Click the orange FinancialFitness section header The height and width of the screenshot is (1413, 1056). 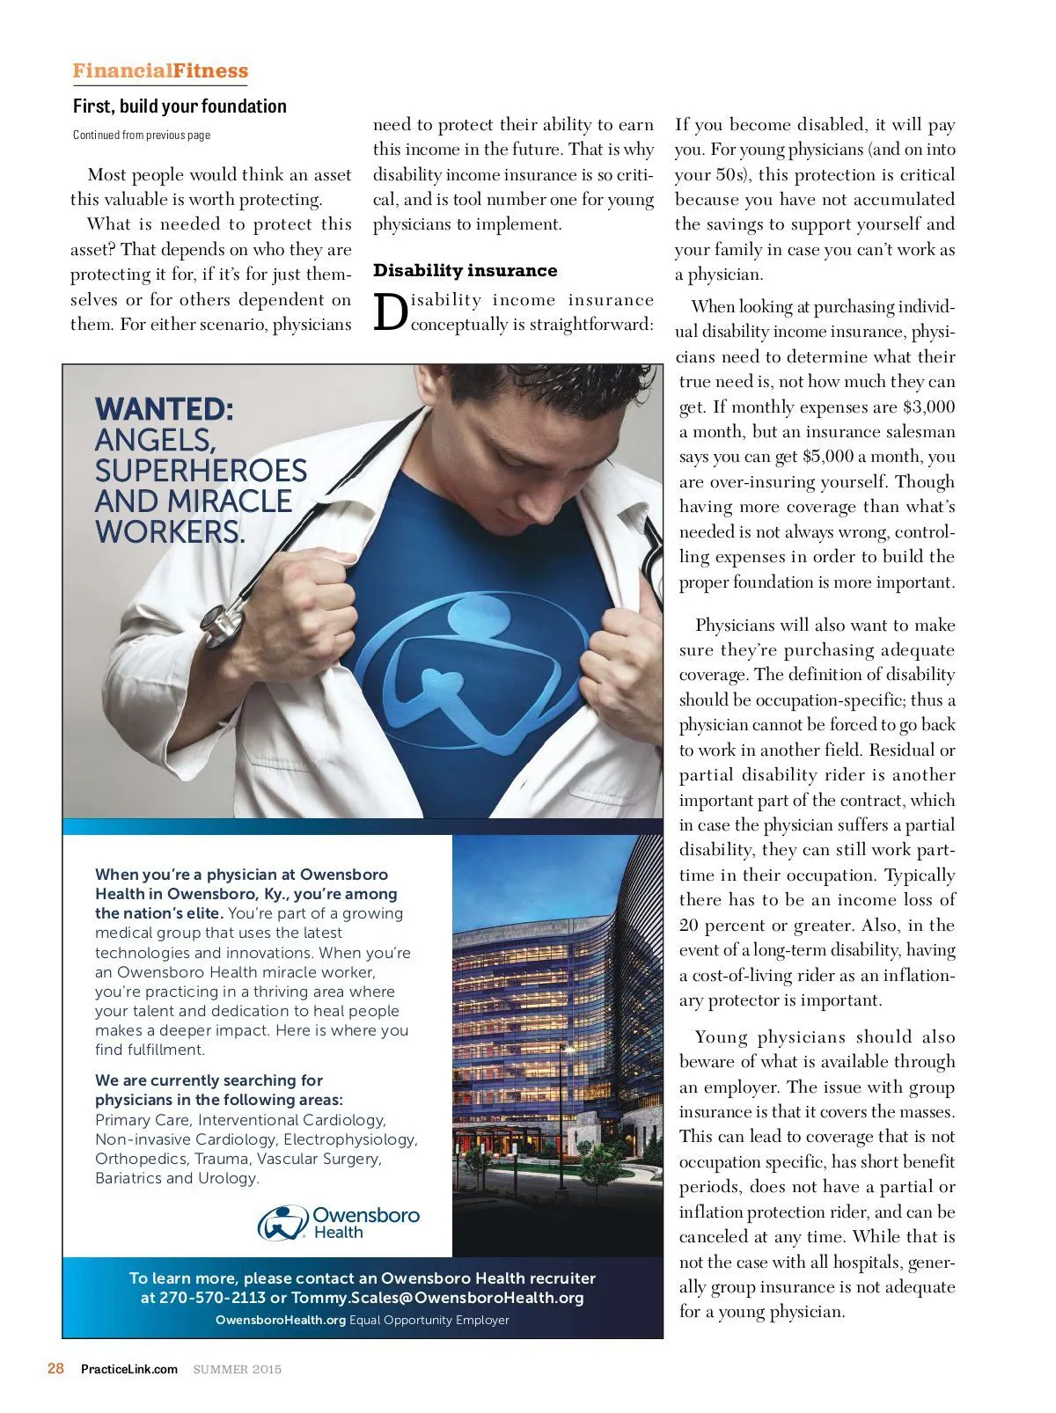[x=160, y=70]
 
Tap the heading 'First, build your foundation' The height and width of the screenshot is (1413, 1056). [x=180, y=106]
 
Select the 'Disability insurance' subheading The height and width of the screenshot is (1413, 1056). [x=465, y=270]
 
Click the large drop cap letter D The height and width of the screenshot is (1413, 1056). [x=390, y=313]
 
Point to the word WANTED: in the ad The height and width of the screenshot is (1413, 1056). [x=165, y=409]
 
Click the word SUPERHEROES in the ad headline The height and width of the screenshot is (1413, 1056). [x=201, y=471]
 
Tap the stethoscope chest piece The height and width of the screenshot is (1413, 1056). [x=221, y=624]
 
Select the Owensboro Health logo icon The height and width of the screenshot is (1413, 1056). [x=282, y=1222]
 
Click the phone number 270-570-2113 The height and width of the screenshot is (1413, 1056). [x=212, y=1298]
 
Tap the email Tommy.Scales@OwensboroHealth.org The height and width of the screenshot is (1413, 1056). [x=437, y=1298]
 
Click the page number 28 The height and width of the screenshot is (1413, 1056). [x=55, y=1368]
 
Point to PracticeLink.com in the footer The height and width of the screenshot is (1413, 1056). [x=129, y=1369]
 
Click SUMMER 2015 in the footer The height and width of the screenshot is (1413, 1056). [x=238, y=1369]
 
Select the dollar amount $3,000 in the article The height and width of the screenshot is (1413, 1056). [x=928, y=406]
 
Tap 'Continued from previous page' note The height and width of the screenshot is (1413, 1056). [x=142, y=135]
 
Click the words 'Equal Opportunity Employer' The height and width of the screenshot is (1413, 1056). [x=429, y=1320]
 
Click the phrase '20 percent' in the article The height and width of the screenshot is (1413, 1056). [x=728, y=925]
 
